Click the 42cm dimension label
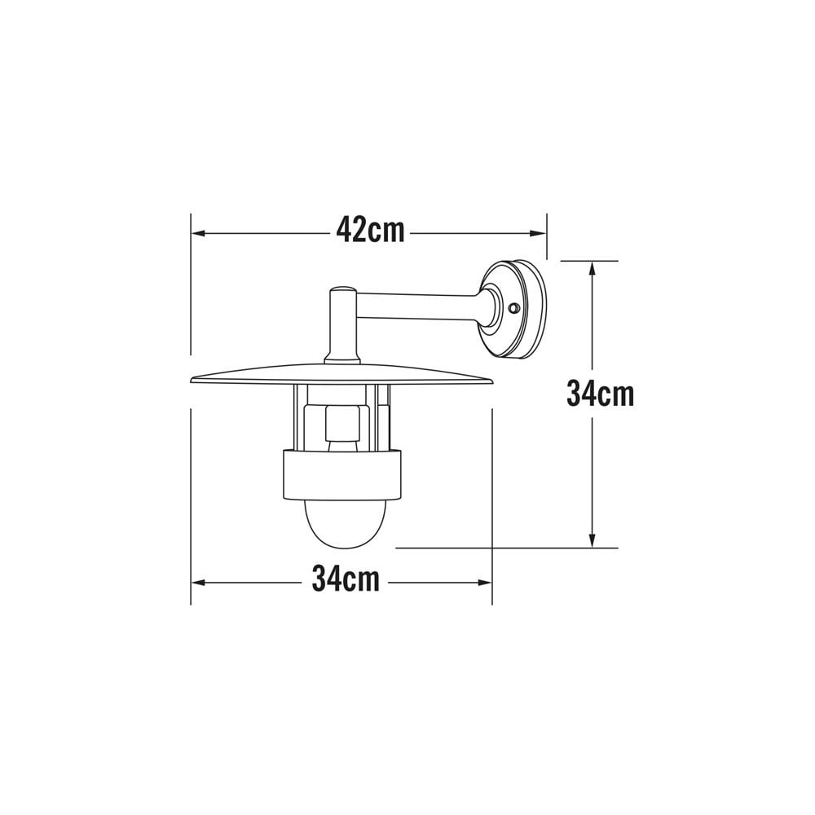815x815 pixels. point(370,231)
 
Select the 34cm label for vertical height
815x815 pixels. point(600,394)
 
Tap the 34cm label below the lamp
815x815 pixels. point(346,580)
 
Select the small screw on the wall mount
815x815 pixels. point(513,309)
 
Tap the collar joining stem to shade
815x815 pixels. point(341,358)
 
